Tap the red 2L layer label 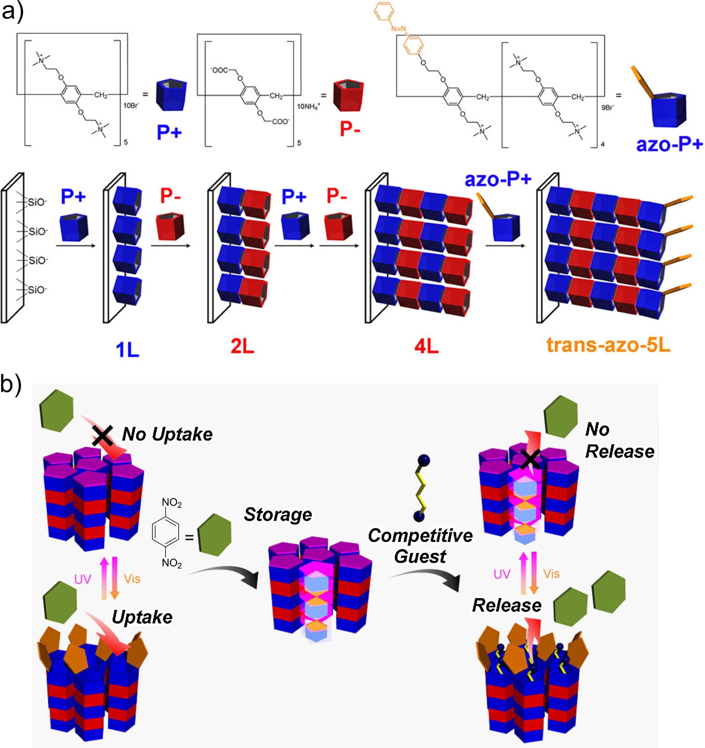242,345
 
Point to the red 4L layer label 426,345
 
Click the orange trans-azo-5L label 608,345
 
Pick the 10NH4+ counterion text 308,107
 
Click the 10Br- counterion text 131,105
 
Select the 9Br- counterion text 608,107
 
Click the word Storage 278,514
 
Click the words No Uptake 167,434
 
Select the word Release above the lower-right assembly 506,605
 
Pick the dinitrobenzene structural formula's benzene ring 165,532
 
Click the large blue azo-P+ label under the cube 669,144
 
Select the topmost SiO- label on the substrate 37,202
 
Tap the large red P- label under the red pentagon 350,129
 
